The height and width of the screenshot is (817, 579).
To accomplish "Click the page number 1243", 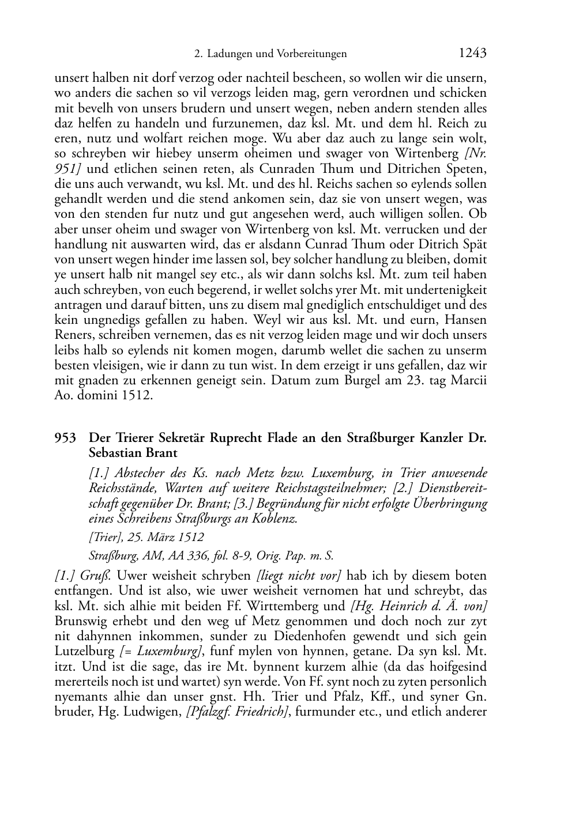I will click(x=472, y=54).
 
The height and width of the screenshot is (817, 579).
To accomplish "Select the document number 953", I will click(x=65, y=438).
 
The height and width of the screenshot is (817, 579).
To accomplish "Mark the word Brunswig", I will click(x=82, y=621).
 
